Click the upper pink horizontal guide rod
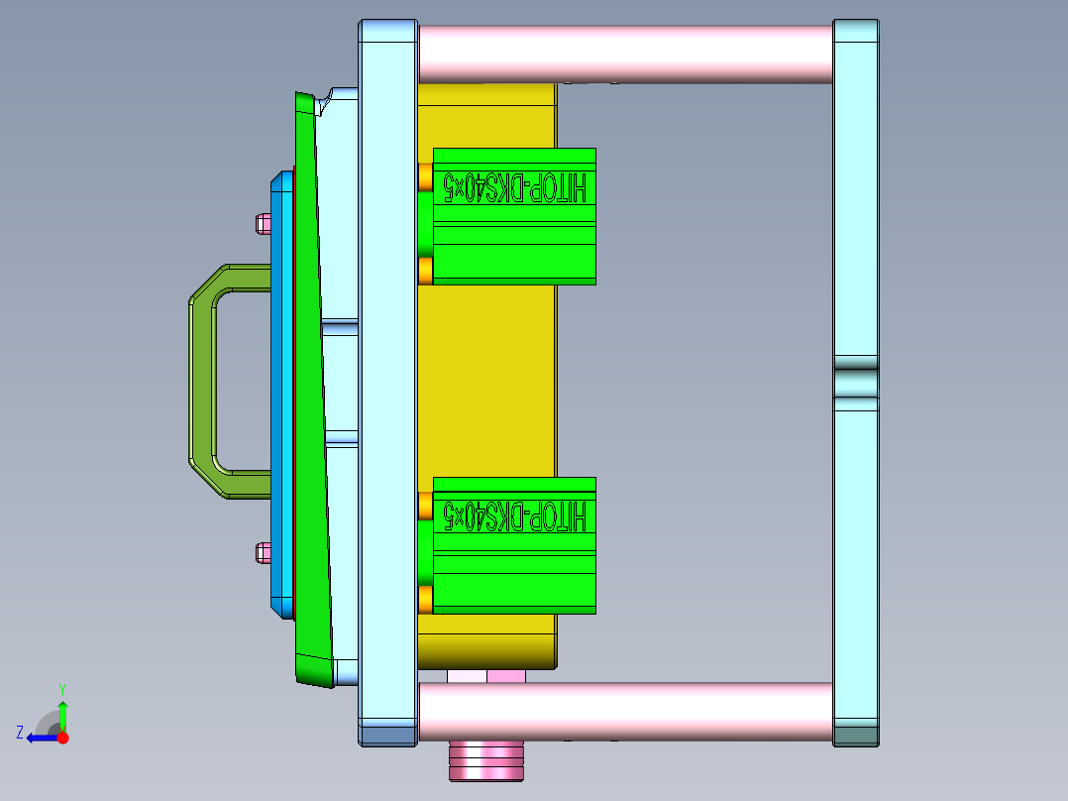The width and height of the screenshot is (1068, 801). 624,54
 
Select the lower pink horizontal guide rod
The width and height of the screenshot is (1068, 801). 624,711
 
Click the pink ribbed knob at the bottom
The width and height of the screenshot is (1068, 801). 485,760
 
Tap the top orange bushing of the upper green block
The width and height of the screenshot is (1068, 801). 425,177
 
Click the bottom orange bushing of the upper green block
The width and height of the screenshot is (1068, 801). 425,271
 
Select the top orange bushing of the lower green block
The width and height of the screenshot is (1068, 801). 425,506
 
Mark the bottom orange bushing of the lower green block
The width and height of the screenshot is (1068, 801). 425,599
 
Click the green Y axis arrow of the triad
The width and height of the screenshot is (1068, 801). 62,712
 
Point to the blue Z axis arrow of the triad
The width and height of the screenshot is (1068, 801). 38,738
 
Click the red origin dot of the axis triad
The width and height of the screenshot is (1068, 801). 62,738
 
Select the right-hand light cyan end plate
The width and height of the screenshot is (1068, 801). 856,218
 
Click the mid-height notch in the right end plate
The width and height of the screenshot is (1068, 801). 856,383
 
